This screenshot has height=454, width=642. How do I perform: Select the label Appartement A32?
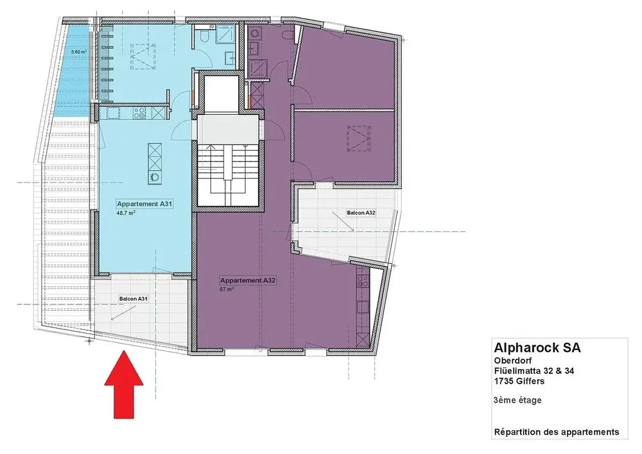247,281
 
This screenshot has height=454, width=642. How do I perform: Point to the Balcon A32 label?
361,213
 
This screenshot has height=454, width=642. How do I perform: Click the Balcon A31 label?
134,299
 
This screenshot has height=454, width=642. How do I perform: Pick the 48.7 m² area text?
126,213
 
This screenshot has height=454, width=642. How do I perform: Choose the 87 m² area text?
227,289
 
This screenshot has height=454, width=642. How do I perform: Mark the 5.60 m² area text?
78,52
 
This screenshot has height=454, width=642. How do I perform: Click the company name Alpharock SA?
537,347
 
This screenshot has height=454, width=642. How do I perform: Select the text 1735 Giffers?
519,381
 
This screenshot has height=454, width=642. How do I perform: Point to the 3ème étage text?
517,400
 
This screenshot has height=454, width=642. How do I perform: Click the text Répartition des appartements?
557,432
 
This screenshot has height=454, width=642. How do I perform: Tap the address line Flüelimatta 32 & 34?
534,371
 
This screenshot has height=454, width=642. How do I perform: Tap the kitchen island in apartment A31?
155,163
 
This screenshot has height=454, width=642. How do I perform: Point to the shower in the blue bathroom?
227,33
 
